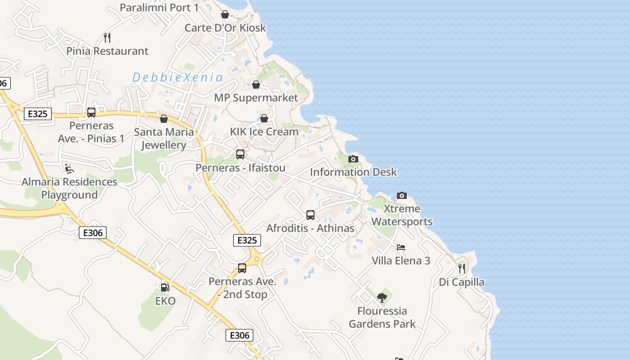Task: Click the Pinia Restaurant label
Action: click(x=107, y=51)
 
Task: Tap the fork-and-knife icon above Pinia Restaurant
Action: click(x=107, y=37)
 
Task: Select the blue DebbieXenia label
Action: click(x=178, y=77)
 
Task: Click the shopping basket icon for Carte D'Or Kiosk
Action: click(x=225, y=15)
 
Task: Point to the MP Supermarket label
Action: click(x=256, y=98)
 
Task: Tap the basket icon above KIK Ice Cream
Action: click(x=264, y=118)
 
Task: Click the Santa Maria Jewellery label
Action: click(x=164, y=139)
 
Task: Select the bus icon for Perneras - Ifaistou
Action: click(x=240, y=154)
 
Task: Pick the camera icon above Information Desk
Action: click(x=353, y=159)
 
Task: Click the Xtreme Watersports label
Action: click(x=402, y=215)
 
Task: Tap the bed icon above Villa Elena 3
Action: click(x=401, y=247)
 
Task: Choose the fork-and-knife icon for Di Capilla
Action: click(x=462, y=269)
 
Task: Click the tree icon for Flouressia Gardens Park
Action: click(x=382, y=297)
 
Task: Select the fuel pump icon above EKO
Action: click(x=165, y=287)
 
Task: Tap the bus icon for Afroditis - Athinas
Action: click(x=310, y=215)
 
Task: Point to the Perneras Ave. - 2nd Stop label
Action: click(x=243, y=288)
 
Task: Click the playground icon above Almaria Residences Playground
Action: click(x=69, y=169)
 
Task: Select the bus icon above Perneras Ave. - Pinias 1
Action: click(x=91, y=112)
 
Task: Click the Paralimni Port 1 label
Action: click(x=159, y=8)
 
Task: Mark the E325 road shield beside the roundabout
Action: click(x=247, y=240)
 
